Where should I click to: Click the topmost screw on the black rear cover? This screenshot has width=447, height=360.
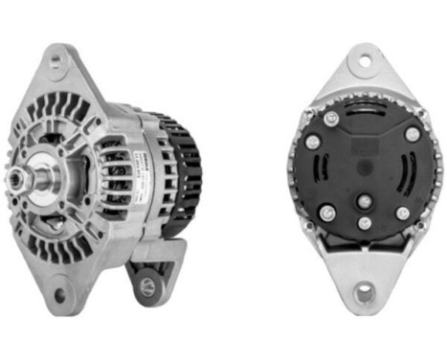point(331,118)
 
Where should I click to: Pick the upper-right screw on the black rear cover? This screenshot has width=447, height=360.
point(412,135)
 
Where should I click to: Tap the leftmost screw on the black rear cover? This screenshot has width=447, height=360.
point(312,142)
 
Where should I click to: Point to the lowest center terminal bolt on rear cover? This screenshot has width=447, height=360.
point(364,223)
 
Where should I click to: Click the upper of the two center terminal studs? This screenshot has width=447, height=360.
point(364,201)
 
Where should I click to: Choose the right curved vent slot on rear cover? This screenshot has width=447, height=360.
point(410,177)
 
